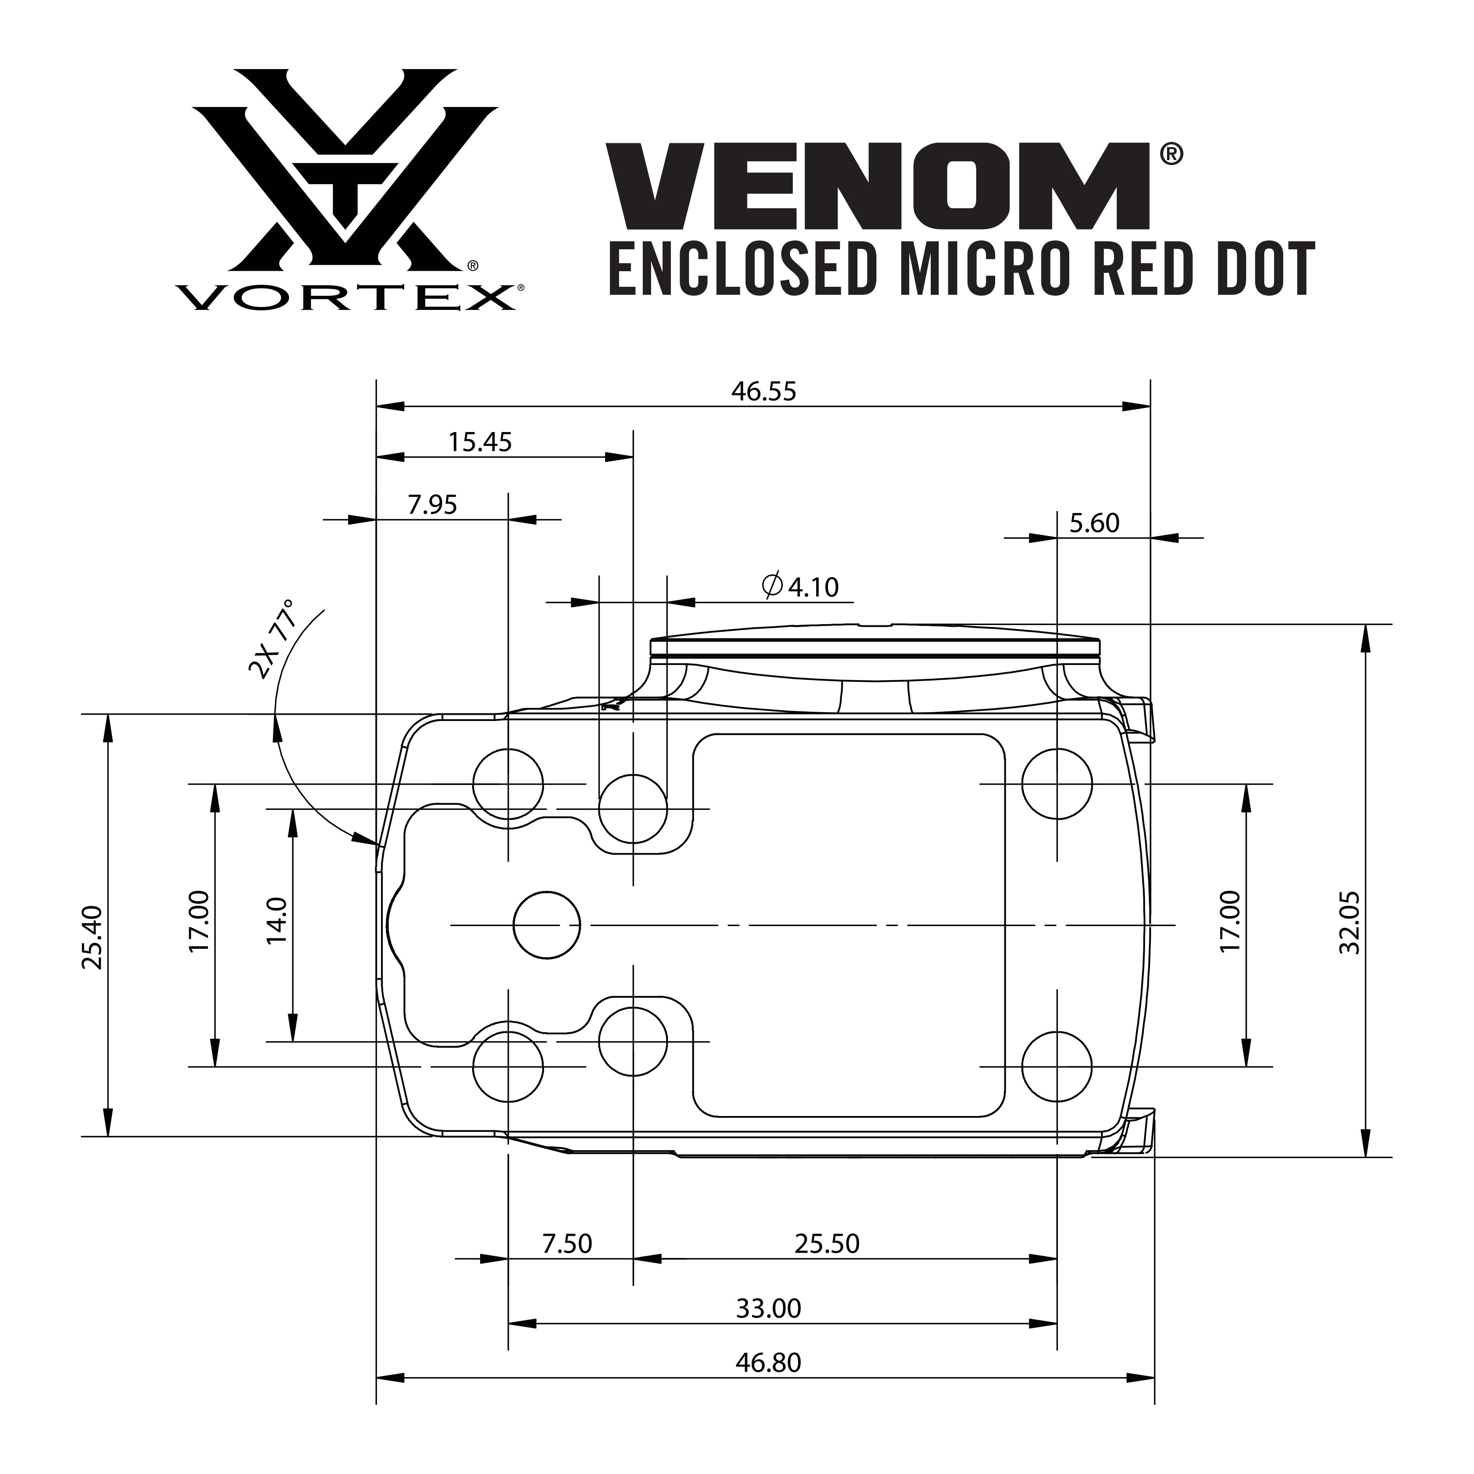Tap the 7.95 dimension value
[433, 505]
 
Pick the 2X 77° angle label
[272, 639]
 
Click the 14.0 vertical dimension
[276, 921]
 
